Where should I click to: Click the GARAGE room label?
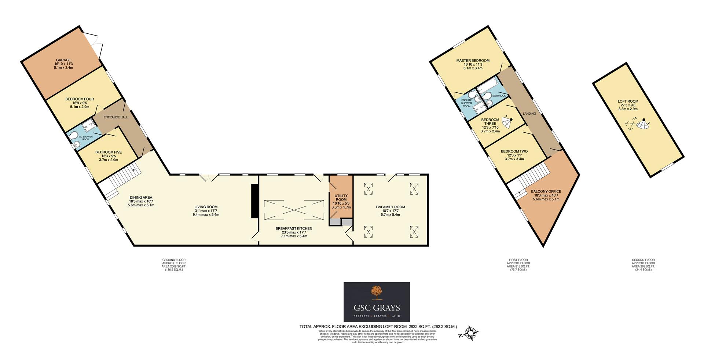63,60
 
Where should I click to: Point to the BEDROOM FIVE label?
108,152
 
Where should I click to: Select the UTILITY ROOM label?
341,198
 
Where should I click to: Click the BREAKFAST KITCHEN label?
294,228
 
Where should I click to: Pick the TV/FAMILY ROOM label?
390,207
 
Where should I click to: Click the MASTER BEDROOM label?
473,60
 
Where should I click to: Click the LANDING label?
529,114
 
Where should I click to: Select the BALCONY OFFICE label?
546,191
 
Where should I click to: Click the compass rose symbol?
470,333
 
